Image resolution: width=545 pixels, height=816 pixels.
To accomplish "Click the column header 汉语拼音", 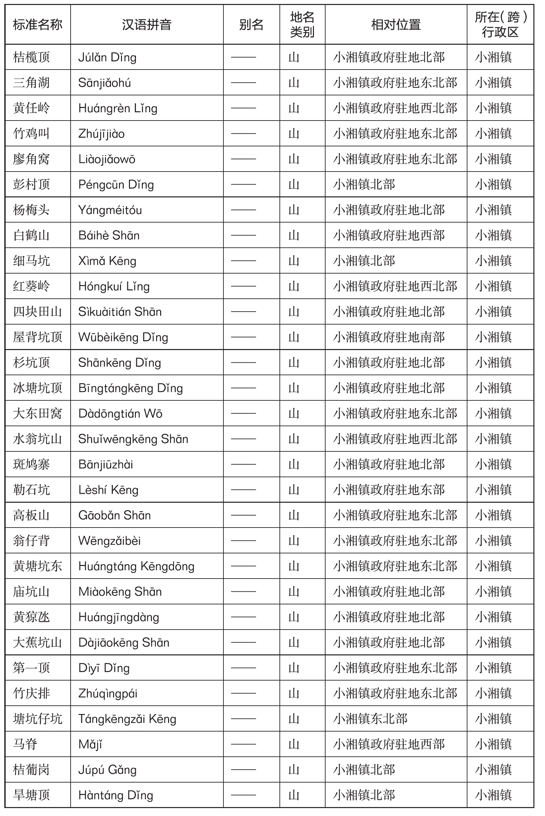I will (x=146, y=25).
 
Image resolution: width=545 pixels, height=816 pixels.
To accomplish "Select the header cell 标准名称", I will (x=37, y=25).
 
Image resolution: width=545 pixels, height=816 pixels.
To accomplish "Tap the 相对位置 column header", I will (x=395, y=25).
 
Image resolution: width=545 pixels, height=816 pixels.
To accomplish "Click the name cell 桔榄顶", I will (x=31, y=57).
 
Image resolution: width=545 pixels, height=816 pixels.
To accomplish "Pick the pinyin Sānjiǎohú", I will (x=104, y=83).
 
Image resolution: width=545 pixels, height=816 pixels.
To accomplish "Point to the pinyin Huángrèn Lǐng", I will (x=117, y=108).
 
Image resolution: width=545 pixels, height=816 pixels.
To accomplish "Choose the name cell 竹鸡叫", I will (x=31, y=134).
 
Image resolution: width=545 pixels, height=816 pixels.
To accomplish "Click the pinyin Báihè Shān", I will (x=109, y=235).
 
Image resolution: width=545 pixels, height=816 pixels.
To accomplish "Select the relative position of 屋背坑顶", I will (x=389, y=337).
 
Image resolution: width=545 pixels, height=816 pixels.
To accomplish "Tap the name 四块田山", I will (x=37, y=312).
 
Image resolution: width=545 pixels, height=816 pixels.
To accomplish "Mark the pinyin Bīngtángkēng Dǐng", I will (x=130, y=388).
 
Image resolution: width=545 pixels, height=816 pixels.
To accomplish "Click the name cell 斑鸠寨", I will (x=31, y=465).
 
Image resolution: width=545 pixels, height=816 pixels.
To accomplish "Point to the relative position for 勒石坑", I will (x=389, y=490).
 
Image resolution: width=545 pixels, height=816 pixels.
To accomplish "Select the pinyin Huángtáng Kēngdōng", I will (x=136, y=566).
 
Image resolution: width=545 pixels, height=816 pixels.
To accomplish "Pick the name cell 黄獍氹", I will (x=31, y=617).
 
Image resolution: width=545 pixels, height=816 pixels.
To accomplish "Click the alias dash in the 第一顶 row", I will (x=243, y=668).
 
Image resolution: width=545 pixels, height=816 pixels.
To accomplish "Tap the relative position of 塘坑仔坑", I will (x=370, y=719).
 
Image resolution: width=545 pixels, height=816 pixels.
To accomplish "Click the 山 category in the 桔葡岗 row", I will (x=294, y=770).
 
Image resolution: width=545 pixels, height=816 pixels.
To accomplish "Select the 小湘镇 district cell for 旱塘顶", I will (x=493, y=795).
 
